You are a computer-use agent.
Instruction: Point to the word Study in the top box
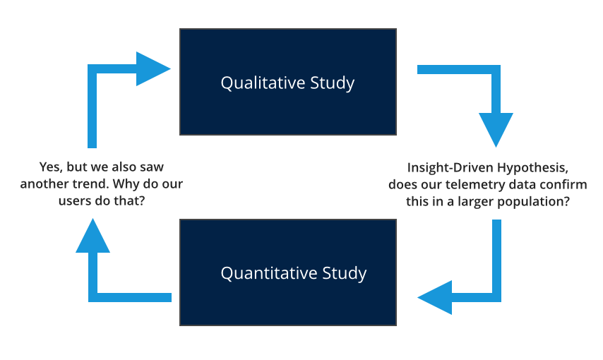332,83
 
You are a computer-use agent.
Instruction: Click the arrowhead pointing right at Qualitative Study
154,69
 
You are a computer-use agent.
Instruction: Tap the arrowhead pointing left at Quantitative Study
435,296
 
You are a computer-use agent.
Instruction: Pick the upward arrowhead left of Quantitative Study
92,236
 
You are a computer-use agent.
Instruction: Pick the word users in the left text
73,200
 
